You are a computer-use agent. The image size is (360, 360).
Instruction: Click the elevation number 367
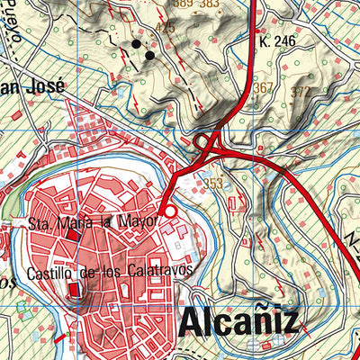click(x=263, y=88)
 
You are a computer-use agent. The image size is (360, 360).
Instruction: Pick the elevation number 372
click(x=301, y=93)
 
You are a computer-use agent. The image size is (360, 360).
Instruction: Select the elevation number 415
click(x=165, y=28)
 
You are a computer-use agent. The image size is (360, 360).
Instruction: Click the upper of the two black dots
click(x=137, y=43)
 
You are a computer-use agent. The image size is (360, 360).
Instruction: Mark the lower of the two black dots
click(x=149, y=56)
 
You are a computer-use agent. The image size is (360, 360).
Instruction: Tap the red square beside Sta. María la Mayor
click(x=73, y=236)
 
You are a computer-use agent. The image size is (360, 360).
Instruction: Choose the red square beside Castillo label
click(x=76, y=289)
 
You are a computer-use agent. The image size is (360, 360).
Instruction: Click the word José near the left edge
click(x=45, y=86)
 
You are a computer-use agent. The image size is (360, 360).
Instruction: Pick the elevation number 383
click(x=210, y=4)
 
